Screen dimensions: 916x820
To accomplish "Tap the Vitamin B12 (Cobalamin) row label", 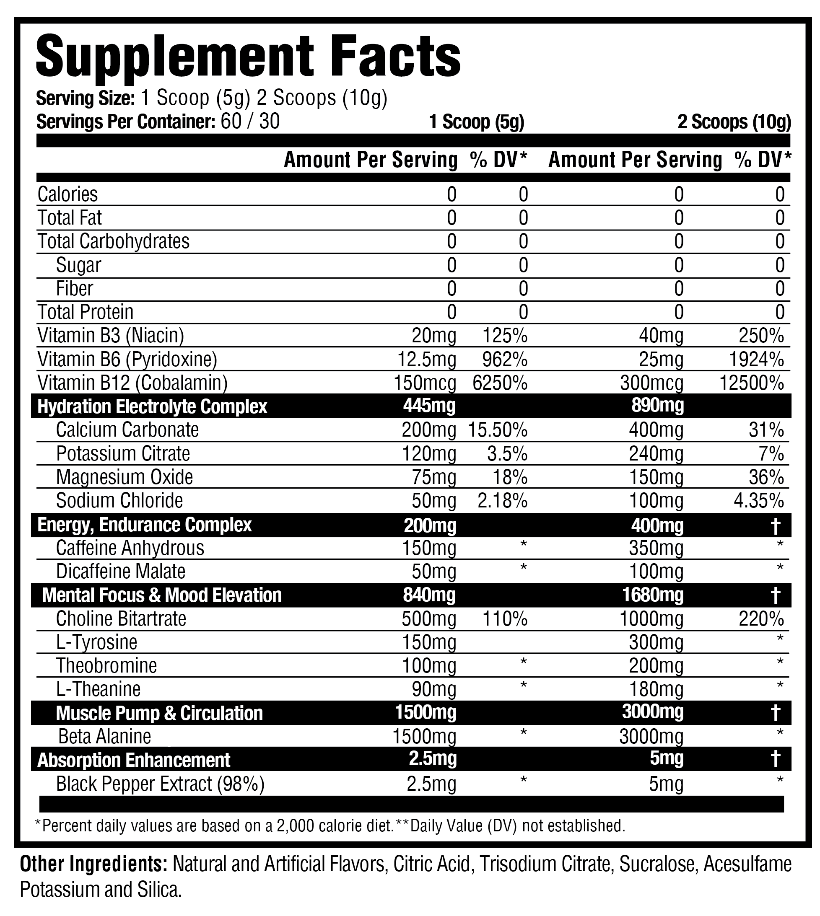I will click(x=132, y=383).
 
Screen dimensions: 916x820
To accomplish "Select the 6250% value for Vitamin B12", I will click(x=500, y=383).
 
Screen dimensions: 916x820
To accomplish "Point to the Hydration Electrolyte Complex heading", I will click(x=152, y=406).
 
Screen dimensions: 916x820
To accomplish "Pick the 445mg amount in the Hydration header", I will click(x=429, y=406).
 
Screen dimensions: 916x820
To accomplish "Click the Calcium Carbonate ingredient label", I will click(x=127, y=430).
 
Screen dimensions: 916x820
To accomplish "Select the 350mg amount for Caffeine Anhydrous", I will click(x=656, y=549).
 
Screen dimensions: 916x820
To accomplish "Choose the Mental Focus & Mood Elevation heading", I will click(x=162, y=595).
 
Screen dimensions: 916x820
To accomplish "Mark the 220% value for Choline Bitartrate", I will click(x=761, y=619).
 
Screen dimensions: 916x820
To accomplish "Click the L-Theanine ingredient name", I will click(x=98, y=689).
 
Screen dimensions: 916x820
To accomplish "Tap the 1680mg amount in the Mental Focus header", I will click(x=653, y=595).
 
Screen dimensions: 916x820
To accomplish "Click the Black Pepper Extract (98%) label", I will click(x=160, y=784).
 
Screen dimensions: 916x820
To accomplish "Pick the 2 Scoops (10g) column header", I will click(x=734, y=122).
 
